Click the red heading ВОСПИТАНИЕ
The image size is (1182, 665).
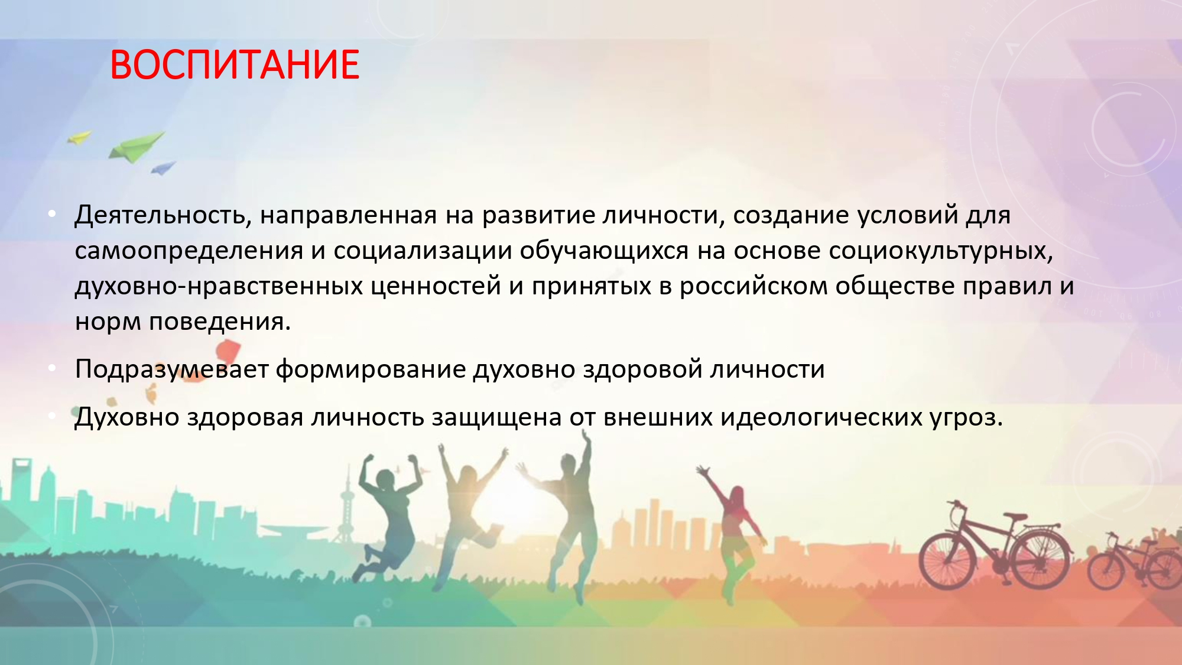tap(235, 64)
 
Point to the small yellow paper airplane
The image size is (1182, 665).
tap(80, 138)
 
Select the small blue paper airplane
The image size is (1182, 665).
tap(163, 168)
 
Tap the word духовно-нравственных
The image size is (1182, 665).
tap(219, 287)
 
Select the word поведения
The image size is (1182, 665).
tap(220, 322)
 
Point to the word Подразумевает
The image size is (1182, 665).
tap(172, 369)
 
